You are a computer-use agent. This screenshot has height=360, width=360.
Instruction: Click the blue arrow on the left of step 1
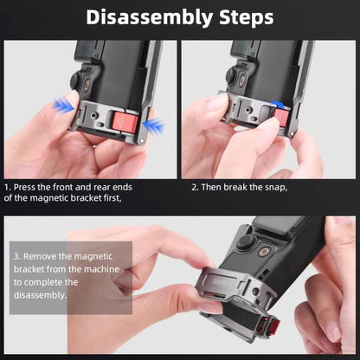(x=62, y=105)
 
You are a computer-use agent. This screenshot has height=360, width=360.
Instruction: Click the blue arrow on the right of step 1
(x=154, y=126)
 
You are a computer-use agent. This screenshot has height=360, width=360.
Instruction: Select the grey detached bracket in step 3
(x=225, y=303)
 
